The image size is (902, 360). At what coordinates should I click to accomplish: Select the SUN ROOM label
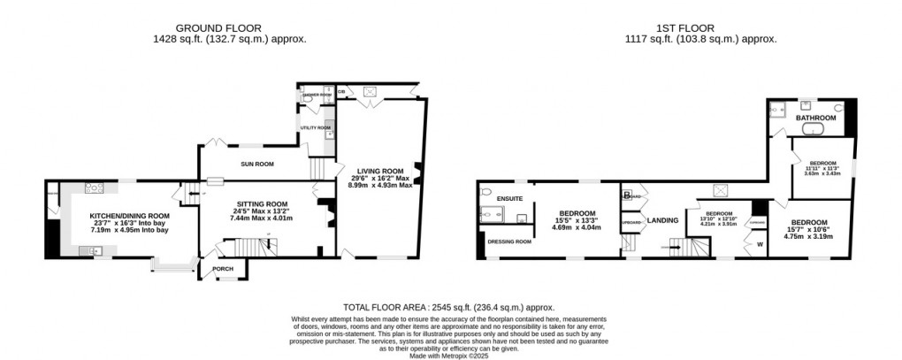pyautogui.click(x=257, y=164)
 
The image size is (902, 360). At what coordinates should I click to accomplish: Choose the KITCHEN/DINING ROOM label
pyautogui.click(x=128, y=215)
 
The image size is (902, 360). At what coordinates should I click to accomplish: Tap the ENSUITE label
pyautogui.click(x=510, y=198)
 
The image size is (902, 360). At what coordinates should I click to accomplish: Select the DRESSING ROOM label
pyautogui.click(x=511, y=241)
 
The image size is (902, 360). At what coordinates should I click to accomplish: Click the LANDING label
pyautogui.click(x=662, y=219)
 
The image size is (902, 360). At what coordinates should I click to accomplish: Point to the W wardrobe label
pyautogui.click(x=758, y=243)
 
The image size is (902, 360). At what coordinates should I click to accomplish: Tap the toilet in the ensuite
pyautogui.click(x=485, y=192)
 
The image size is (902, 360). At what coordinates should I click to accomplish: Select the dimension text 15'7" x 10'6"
pyautogui.click(x=809, y=230)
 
